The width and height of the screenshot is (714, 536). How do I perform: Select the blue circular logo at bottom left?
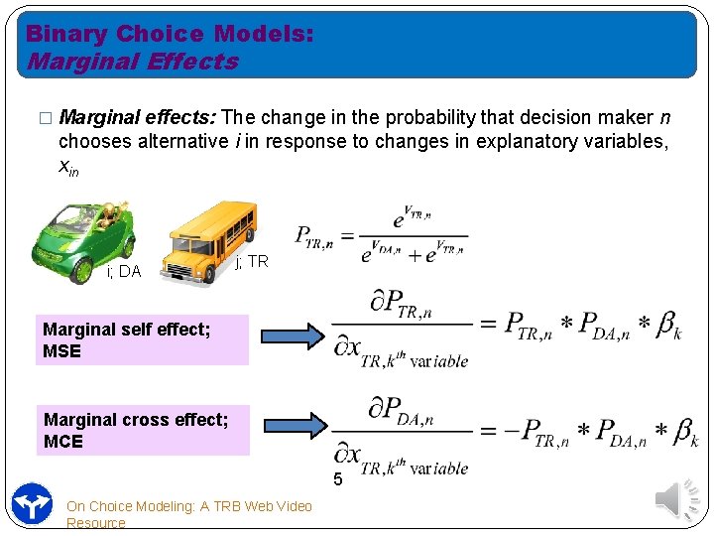pyautogui.click(x=32, y=503)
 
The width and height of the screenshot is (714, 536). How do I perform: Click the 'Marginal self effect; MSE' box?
pyautogui.click(x=142, y=339)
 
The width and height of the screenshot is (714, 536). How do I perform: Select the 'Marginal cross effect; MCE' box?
pyautogui.click(x=142, y=430)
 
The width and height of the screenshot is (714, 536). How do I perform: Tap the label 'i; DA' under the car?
pyautogui.click(x=123, y=271)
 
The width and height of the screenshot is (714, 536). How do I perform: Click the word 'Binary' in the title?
pyautogui.click(x=66, y=34)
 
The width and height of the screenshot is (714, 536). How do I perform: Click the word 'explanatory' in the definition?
pyautogui.click(x=529, y=141)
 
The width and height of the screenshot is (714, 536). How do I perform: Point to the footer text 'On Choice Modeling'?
pyautogui.click(x=188, y=506)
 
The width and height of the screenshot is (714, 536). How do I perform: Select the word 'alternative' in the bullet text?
pyautogui.click(x=180, y=141)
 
